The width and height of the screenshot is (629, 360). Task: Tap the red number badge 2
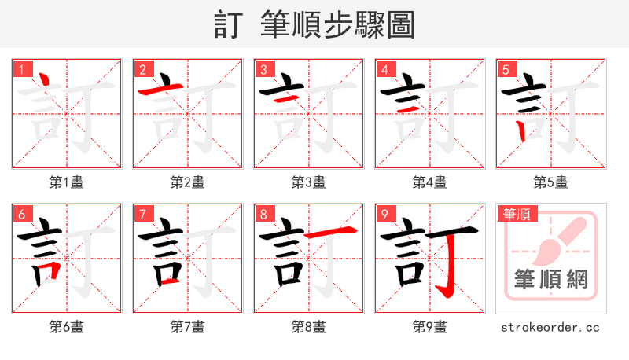(142, 69)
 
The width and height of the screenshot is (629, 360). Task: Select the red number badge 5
(506, 69)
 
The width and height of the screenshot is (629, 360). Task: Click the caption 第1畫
(66, 182)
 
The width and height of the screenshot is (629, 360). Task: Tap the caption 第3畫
(308, 182)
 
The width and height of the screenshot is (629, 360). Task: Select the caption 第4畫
(429, 182)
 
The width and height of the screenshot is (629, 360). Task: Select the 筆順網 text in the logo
(550, 279)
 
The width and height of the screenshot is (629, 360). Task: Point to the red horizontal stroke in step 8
(330, 232)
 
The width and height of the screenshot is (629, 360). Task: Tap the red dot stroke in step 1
(45, 80)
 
